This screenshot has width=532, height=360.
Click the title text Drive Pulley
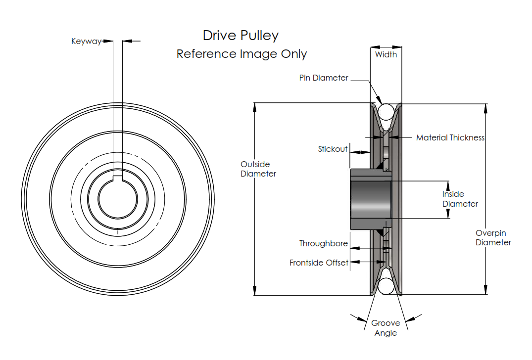point(241,36)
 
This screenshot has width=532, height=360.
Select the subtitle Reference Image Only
point(242,54)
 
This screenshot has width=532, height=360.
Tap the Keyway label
point(86,42)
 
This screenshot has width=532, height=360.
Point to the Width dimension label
point(386,54)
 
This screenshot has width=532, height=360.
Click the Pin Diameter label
point(324,78)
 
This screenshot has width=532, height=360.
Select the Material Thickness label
point(450,138)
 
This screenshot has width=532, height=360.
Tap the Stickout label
point(333,149)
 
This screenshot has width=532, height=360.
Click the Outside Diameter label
point(258,169)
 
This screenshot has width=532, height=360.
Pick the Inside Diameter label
point(460,199)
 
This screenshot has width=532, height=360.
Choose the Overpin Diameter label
point(493,238)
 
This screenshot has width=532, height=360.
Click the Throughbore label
point(323,244)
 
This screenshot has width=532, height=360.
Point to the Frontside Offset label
point(319,263)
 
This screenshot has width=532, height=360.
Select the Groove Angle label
point(386,328)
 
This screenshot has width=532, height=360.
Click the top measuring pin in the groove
point(386,112)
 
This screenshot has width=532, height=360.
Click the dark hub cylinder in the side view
point(370,199)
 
